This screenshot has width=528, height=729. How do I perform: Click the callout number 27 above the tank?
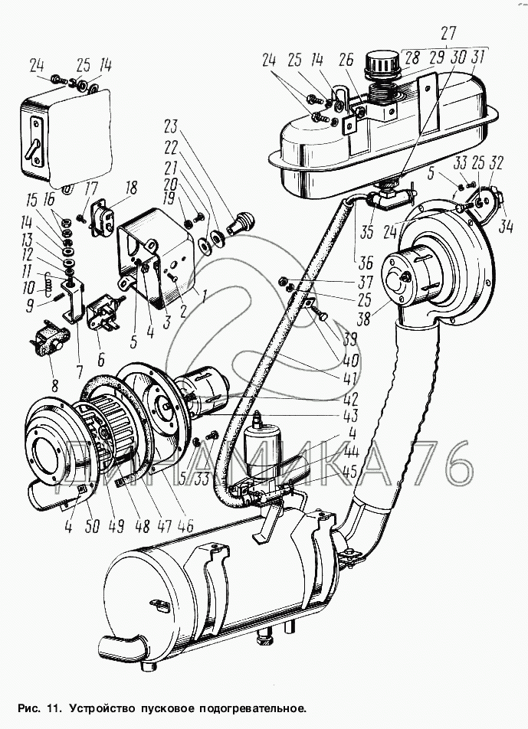coord(448,34)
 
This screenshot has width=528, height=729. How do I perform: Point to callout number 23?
coord(171,126)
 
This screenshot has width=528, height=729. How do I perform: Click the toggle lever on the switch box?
coord(31,152)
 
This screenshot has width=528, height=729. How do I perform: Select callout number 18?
coord(131,188)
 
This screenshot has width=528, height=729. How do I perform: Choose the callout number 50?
coord(93,526)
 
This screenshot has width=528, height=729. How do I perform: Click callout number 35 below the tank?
coord(366,231)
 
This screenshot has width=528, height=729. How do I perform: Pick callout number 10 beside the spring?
coord(28,288)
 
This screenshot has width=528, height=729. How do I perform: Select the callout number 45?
coord(350,472)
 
